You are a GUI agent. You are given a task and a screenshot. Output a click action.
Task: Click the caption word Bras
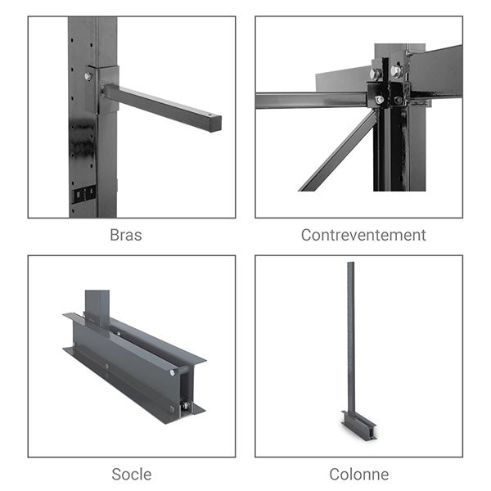pos(125,235)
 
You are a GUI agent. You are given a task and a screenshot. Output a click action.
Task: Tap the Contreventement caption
pos(363,235)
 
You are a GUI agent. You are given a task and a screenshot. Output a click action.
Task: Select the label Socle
pos(131,474)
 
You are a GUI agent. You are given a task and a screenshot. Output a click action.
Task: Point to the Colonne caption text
pos(358,474)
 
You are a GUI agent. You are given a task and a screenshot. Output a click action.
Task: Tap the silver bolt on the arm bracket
pos(88,77)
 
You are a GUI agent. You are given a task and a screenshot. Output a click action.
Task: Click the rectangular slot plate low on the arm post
pos(84,194)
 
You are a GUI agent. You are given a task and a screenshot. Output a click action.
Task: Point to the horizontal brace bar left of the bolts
pos(311,100)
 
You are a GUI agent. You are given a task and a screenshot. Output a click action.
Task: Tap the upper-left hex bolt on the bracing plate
pos(376,74)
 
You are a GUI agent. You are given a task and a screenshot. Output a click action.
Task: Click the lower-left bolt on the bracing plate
pos(379,100)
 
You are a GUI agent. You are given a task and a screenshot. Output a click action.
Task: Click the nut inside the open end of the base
pos(186,405)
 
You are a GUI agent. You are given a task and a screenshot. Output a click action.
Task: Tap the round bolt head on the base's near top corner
pos(173,372)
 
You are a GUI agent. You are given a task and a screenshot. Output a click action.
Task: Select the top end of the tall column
pos(351,265)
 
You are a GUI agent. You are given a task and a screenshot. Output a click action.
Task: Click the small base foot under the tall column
pos(358,425)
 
